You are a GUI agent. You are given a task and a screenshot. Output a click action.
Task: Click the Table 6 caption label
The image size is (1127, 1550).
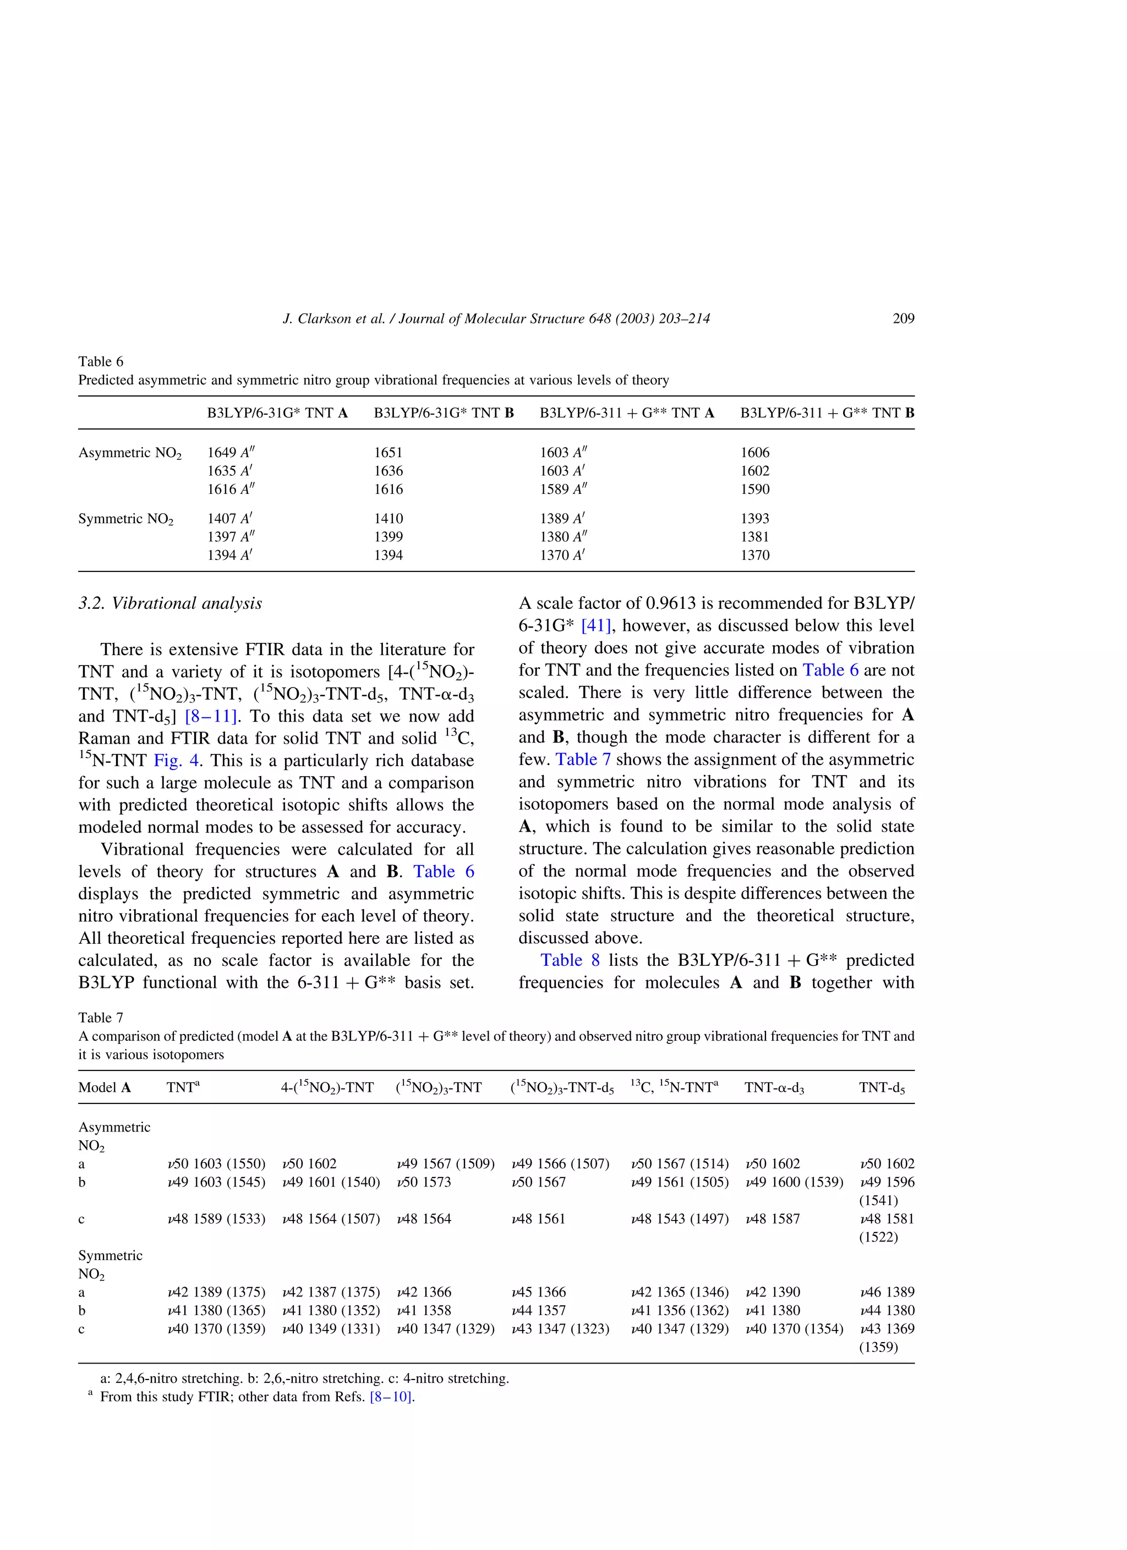tap(101, 361)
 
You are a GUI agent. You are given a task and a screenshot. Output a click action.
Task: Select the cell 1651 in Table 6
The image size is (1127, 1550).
tap(388, 453)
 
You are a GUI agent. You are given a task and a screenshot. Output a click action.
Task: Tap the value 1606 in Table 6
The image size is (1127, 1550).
tap(754, 453)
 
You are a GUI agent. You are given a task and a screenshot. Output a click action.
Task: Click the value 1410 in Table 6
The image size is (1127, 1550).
tap(388, 519)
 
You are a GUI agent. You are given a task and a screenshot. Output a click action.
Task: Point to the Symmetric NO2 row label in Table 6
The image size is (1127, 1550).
tap(126, 519)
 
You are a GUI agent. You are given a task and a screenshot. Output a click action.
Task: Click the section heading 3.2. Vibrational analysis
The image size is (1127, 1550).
tap(170, 603)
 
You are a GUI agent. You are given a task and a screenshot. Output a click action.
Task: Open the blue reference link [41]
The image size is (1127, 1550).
tap(595, 626)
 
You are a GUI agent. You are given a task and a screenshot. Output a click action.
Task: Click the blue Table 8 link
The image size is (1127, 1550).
tap(570, 960)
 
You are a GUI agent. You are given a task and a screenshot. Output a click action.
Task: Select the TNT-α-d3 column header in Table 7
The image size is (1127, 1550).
tap(774, 1088)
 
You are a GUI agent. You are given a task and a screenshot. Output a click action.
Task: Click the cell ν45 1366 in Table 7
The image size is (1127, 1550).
tap(538, 1293)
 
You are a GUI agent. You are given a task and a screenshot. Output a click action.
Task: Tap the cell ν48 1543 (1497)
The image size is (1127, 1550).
tap(679, 1219)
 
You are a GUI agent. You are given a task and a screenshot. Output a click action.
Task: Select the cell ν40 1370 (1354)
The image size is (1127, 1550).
tap(794, 1329)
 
